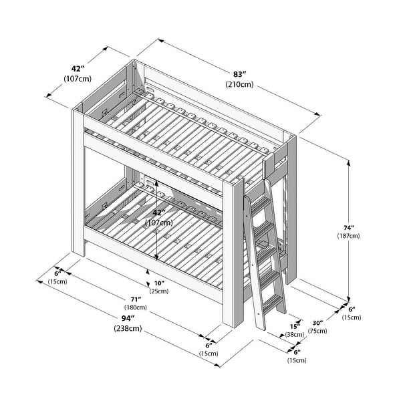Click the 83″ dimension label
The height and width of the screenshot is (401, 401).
(x=239, y=74)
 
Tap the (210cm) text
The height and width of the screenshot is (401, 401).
(x=239, y=84)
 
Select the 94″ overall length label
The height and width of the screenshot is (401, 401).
(x=128, y=318)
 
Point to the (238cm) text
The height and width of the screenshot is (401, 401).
(x=128, y=328)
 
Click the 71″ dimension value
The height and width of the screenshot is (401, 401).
(x=136, y=299)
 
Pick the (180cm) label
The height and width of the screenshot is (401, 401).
(x=136, y=307)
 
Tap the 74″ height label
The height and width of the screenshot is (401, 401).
(x=349, y=228)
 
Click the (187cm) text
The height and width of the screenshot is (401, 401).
(x=348, y=235)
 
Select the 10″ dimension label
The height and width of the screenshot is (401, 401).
(x=159, y=283)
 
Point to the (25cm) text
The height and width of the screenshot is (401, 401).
(x=159, y=291)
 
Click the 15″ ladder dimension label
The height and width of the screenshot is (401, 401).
(x=295, y=327)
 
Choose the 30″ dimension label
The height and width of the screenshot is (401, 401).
(x=317, y=323)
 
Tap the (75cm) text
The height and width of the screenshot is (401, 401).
(x=317, y=331)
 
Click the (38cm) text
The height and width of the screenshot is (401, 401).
(x=295, y=335)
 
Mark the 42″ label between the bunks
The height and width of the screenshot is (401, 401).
(x=159, y=213)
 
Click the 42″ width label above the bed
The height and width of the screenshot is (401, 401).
(x=78, y=69)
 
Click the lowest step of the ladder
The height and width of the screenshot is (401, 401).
(x=273, y=304)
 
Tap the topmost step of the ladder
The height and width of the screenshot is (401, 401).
(x=261, y=204)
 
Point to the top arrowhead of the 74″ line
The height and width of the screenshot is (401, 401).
(x=349, y=162)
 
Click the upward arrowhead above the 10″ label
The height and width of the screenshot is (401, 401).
(x=148, y=271)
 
